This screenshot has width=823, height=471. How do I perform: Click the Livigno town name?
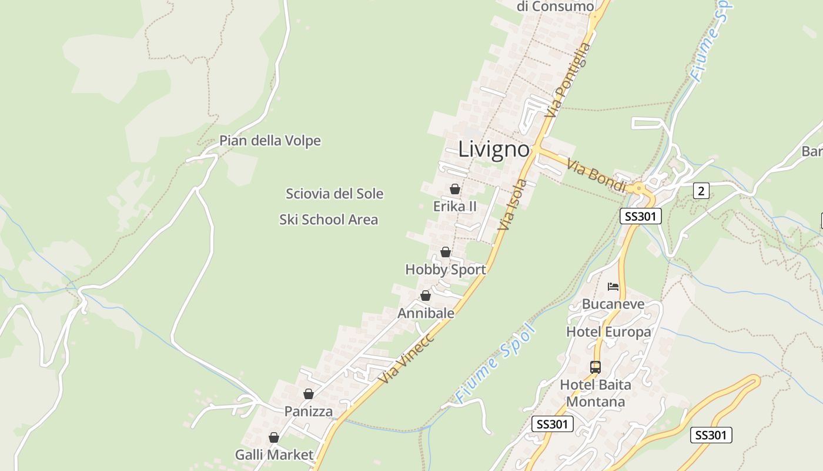point(494,149)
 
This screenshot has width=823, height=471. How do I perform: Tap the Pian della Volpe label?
point(270,141)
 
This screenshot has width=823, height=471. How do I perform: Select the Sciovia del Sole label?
point(334,194)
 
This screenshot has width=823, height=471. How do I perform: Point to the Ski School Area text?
point(329,220)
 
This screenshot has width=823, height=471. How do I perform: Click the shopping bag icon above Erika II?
point(454,189)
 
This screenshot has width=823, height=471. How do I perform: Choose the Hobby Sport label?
point(446,270)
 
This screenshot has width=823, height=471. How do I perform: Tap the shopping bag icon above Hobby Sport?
point(446,252)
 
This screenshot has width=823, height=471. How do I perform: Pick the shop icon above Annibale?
point(426,296)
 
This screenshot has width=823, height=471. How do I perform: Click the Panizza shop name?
point(309,412)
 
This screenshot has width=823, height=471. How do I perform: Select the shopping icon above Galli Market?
point(273,437)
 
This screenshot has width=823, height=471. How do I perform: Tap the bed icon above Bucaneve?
point(613,287)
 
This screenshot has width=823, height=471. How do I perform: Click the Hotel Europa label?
point(608,332)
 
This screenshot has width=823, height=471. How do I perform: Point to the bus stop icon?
point(595,367)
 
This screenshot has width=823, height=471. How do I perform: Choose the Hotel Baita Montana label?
point(595,393)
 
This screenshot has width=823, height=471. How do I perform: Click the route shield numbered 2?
point(701,191)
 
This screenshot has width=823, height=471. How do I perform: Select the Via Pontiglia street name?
point(567,79)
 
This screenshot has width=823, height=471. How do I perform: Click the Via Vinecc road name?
point(407,359)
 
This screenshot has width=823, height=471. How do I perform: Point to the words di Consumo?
point(555,6)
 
